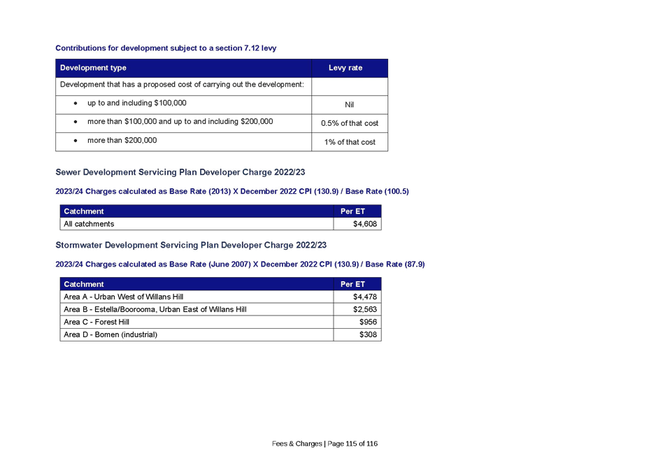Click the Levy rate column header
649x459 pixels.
pyautogui.click(x=345, y=68)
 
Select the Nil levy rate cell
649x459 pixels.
pyautogui.click(x=350, y=105)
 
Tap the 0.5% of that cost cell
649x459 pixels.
pyautogui.click(x=350, y=123)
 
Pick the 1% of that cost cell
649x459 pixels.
pyautogui.click(x=350, y=142)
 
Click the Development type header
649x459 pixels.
pyautogui.click(x=93, y=68)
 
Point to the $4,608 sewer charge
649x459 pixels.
pyautogui.click(x=364, y=224)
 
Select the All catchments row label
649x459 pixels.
pyautogui.click(x=89, y=224)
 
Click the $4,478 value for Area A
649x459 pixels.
pyautogui.click(x=364, y=297)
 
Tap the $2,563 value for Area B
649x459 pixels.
pyautogui.click(x=364, y=309)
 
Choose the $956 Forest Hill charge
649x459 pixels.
pyautogui.click(x=368, y=323)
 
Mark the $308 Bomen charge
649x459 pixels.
pyautogui.click(x=368, y=334)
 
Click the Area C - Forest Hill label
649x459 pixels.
pyautogui.click(x=97, y=323)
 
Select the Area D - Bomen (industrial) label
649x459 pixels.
pyautogui.click(x=110, y=334)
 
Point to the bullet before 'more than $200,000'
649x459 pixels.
pyautogui.click(x=76, y=141)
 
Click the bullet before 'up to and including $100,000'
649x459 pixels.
pyautogui.click(x=76, y=104)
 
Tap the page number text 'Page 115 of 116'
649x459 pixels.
pyautogui.click(x=352, y=444)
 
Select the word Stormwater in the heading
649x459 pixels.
pyautogui.click(x=78, y=245)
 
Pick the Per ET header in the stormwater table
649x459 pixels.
pyautogui.click(x=352, y=284)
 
